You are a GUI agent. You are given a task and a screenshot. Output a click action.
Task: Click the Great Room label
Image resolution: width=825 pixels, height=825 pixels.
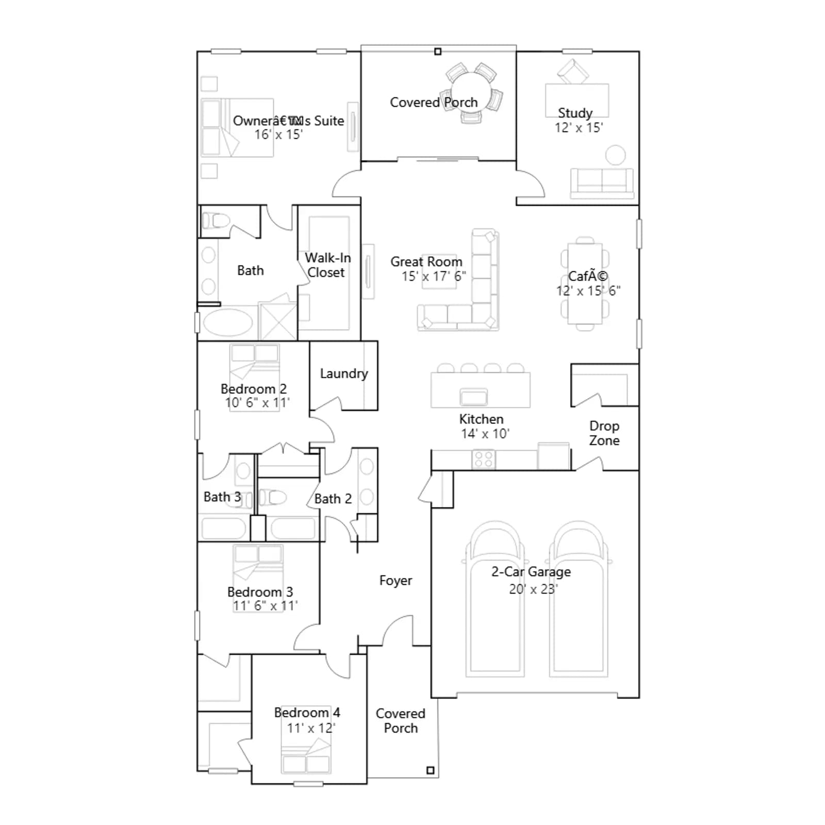click(x=426, y=261)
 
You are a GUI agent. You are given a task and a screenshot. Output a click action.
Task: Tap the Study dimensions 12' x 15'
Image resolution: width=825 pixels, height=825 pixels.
click(x=579, y=127)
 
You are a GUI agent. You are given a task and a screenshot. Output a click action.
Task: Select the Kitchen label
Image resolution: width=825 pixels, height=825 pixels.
click(x=481, y=419)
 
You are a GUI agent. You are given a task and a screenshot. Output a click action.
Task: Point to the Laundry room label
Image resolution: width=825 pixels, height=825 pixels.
click(x=344, y=373)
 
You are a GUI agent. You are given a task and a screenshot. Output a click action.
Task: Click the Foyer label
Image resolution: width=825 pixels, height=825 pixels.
click(x=395, y=581)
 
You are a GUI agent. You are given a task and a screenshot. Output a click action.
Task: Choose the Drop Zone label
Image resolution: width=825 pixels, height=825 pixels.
click(x=604, y=433)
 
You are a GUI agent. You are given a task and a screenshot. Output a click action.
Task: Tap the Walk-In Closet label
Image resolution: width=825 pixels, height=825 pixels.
click(x=327, y=265)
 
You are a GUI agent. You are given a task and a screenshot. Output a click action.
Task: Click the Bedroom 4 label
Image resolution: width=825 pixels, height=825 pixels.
click(x=307, y=713)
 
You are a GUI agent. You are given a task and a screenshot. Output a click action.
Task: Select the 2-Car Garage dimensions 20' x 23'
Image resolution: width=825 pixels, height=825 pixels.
click(x=533, y=589)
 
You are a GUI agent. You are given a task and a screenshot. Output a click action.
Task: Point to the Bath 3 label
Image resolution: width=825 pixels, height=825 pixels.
click(x=222, y=497)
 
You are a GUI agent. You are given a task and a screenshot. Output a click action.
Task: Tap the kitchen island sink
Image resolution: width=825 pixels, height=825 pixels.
click(x=473, y=397)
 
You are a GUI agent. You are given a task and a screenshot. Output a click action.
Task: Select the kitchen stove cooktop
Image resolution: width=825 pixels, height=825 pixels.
click(x=484, y=459)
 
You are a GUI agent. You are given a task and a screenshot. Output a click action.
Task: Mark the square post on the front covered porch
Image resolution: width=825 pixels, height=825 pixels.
click(x=431, y=770)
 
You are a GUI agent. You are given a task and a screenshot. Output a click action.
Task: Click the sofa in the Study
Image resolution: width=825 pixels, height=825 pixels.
click(x=602, y=183)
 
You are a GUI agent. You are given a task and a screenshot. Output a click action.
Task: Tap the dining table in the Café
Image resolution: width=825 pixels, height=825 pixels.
click(x=585, y=284)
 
